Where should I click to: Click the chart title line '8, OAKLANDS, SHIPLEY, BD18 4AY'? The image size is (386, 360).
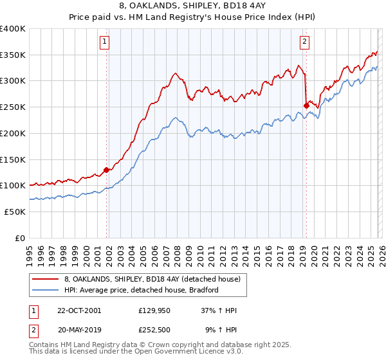point(192,7)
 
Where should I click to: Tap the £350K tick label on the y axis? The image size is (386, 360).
point(13,55)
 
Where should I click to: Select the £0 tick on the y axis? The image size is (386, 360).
point(20,237)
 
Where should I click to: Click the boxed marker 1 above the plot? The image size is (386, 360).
point(105,42)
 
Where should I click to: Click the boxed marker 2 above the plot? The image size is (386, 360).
point(304,42)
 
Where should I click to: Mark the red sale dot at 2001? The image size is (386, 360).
point(107,170)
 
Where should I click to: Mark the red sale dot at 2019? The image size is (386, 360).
point(306,105)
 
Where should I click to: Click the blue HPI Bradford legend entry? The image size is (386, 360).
point(142,290)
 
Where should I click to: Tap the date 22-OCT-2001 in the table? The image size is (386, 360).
point(78,310)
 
